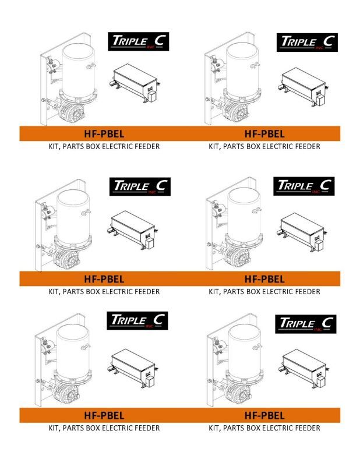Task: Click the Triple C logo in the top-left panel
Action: (x=138, y=41)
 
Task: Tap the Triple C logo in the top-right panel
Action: (x=307, y=43)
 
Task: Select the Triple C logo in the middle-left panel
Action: (x=140, y=186)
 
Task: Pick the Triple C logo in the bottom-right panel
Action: (x=306, y=324)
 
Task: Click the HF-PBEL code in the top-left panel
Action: (x=104, y=134)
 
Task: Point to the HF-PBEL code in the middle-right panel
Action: (x=264, y=279)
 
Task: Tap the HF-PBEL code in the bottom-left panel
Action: (x=104, y=415)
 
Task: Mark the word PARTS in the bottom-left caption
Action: (x=73, y=428)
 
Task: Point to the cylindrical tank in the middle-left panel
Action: (x=73, y=216)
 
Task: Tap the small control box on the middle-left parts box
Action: (x=149, y=243)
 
